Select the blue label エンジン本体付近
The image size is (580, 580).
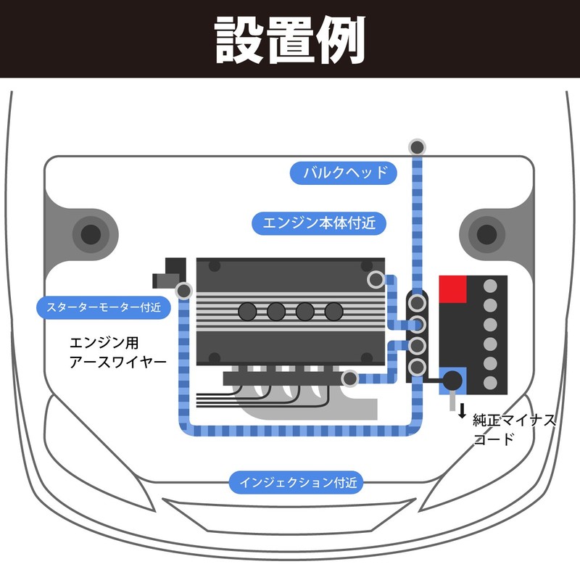point(319,223)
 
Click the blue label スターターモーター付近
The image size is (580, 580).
point(103,307)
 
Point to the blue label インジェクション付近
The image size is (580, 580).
point(297,481)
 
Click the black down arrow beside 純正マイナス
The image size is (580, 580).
point(461,411)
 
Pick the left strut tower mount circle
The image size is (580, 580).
point(91,234)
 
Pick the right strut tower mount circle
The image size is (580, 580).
point(486,234)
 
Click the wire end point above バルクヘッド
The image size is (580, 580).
point(417,147)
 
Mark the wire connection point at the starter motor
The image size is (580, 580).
point(184,291)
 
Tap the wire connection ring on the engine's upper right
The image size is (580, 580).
point(376,279)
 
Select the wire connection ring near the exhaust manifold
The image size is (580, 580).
point(349,378)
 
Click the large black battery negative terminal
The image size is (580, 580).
point(452,379)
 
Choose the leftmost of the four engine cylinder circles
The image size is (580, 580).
point(248,312)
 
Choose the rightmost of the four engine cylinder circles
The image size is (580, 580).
point(333,312)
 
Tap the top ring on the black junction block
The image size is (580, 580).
point(418,301)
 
